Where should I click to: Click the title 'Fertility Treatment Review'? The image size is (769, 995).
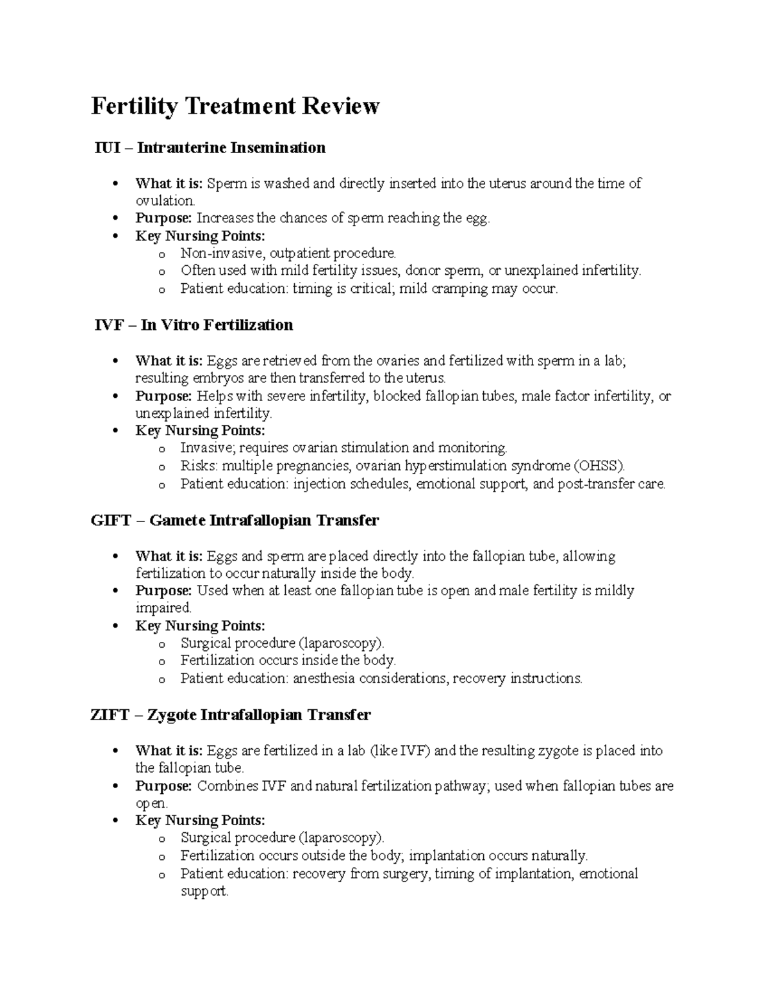[x=235, y=106]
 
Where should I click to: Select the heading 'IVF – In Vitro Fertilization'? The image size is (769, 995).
[x=194, y=325]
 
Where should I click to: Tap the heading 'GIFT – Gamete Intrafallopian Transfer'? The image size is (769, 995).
[x=235, y=520]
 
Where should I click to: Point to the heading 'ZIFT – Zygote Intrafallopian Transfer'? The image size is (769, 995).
[x=231, y=715]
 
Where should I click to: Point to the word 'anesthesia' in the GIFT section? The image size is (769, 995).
[x=324, y=678]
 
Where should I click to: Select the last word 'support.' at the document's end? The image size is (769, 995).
[x=204, y=891]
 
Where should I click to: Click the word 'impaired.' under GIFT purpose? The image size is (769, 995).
[x=163, y=608]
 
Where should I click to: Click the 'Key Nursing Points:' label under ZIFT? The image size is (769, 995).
[x=200, y=821]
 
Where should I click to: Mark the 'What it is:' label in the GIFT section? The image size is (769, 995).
[x=169, y=556]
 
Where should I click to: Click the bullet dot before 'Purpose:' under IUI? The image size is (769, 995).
[x=115, y=219]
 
